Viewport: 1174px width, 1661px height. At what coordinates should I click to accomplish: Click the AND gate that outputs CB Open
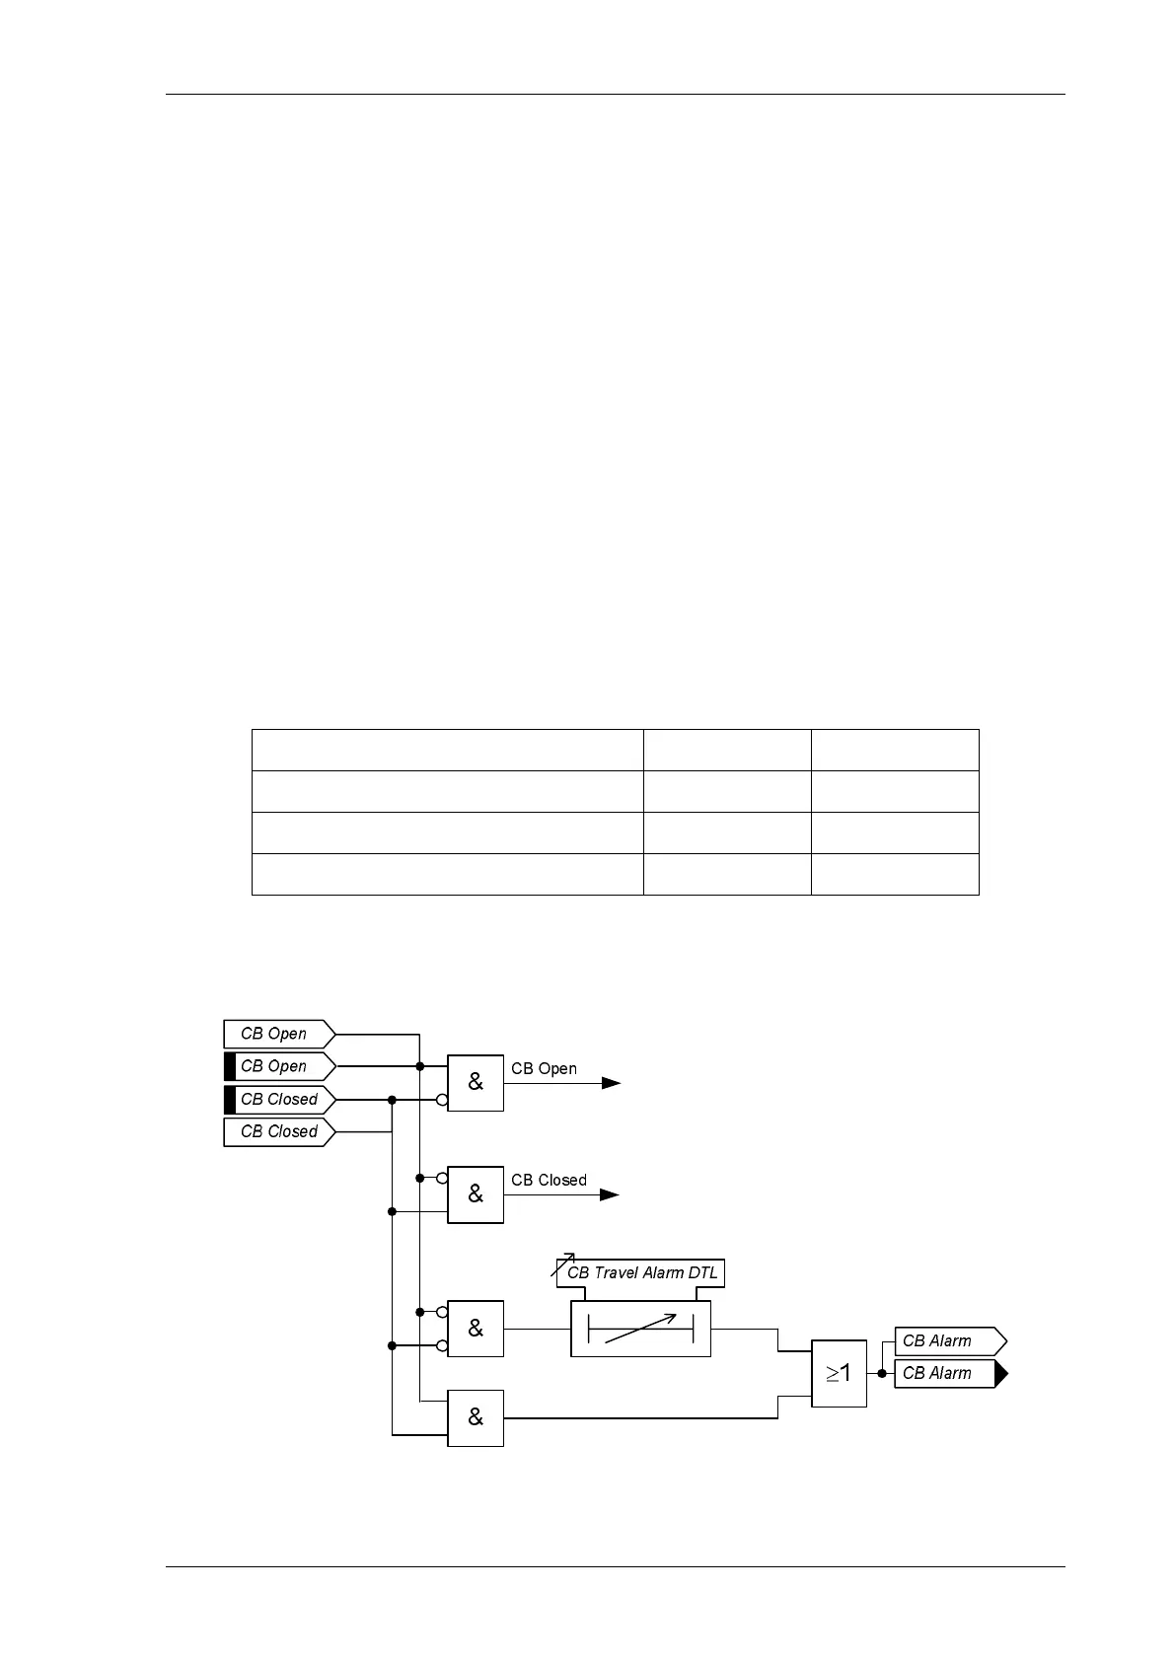tap(476, 1082)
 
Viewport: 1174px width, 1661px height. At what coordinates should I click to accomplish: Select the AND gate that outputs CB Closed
tap(476, 1194)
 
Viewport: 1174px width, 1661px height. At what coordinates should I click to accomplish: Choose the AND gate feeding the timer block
tap(476, 1329)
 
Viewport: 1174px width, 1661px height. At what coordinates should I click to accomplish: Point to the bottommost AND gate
tap(476, 1417)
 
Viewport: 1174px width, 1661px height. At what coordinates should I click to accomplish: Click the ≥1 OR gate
tap(839, 1373)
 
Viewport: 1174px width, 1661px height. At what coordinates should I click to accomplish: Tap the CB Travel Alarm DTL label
tap(641, 1272)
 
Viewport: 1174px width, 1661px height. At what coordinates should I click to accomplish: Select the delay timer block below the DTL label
tap(640, 1329)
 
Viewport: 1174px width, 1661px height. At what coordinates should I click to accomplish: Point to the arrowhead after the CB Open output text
tap(612, 1083)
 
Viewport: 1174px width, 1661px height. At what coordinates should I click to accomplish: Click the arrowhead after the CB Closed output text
tap(611, 1194)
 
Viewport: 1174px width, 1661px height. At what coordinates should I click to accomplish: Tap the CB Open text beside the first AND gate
tap(544, 1068)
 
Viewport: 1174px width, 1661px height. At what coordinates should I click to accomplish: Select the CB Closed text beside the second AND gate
tap(549, 1180)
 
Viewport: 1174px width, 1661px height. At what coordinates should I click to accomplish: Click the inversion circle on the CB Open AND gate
tap(442, 1100)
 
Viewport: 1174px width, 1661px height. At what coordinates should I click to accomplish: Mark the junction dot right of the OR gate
tap(882, 1373)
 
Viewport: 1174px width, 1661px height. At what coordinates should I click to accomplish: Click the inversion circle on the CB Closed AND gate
tap(442, 1178)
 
